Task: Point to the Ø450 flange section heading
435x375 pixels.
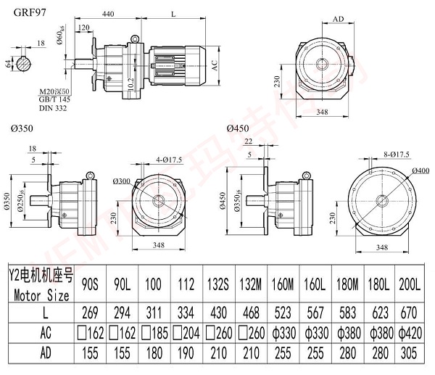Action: [239, 129]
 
